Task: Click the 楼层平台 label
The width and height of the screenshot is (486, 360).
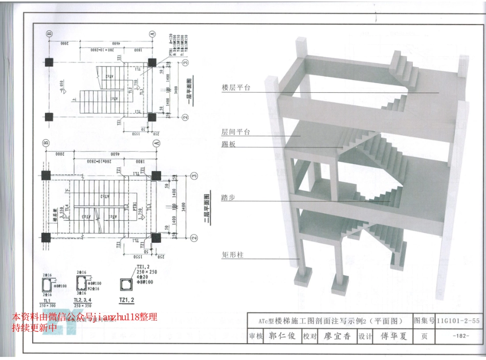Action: (236, 88)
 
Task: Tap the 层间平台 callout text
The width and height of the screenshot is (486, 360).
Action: (236, 132)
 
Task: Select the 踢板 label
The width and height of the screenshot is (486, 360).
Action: (229, 144)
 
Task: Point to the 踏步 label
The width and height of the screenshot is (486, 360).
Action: (229, 197)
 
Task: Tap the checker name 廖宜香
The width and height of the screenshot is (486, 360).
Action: (337, 336)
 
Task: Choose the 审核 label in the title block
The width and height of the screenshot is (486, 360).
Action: (255, 336)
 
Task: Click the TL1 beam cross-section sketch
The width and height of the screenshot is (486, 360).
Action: (48, 285)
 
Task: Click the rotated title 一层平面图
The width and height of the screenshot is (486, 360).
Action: (189, 92)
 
